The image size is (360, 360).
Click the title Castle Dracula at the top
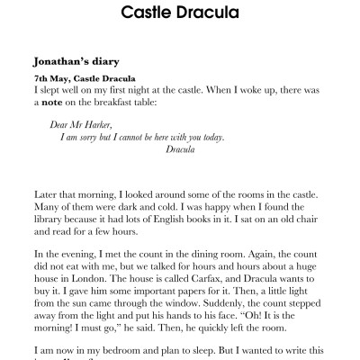180,14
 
